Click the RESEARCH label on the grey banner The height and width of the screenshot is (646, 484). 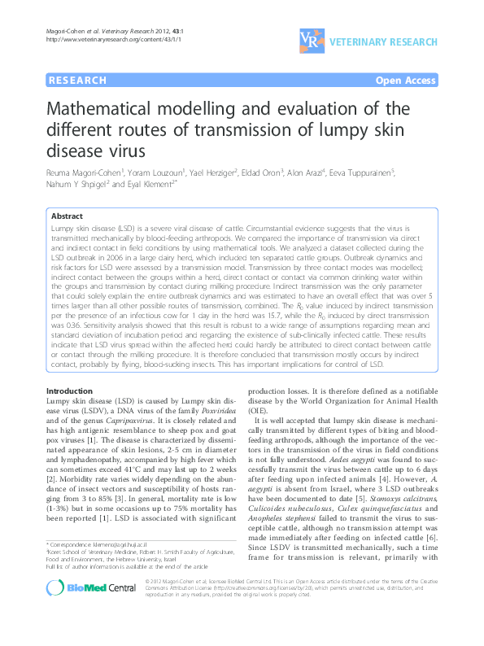click(78, 81)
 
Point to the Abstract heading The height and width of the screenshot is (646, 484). click(67, 217)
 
